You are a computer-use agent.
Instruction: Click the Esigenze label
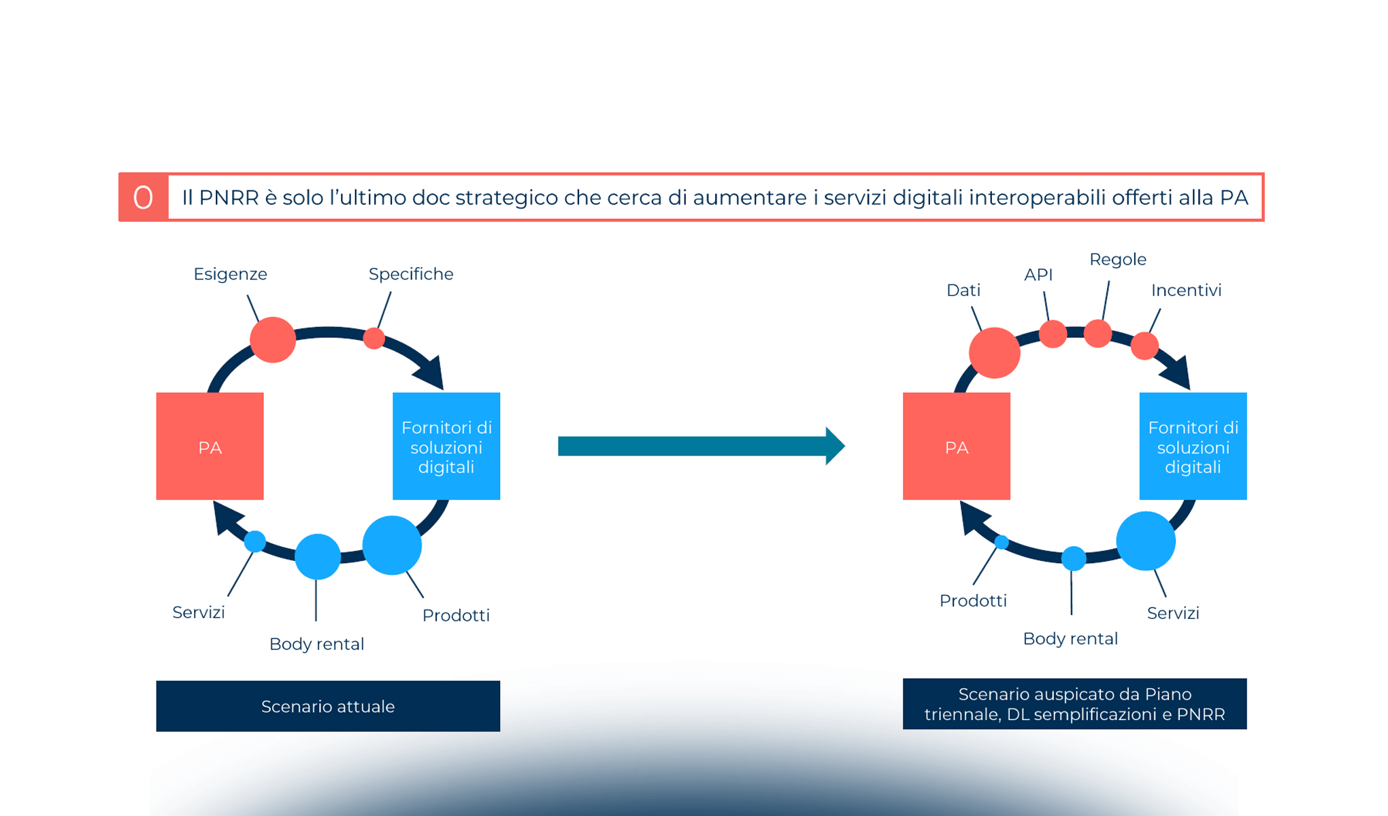[x=230, y=274]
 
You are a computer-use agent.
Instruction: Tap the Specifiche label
[x=411, y=274]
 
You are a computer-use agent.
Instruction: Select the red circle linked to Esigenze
[x=273, y=339]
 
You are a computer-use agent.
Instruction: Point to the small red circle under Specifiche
[x=374, y=338]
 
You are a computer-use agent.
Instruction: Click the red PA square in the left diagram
[x=210, y=446]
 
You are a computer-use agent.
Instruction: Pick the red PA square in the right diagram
[x=956, y=446]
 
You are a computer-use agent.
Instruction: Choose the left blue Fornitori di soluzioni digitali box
[x=446, y=446]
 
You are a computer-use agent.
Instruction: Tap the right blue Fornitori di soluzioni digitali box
[x=1193, y=446]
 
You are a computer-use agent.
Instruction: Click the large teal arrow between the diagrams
[x=701, y=446]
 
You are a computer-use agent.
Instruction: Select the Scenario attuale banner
[x=328, y=706]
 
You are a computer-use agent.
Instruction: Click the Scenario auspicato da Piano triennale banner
[x=1074, y=704]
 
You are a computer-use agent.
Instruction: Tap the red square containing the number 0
[x=143, y=197]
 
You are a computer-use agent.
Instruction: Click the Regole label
[x=1118, y=260]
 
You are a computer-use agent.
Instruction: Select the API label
[x=1038, y=275]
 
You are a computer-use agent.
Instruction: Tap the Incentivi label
[x=1186, y=290]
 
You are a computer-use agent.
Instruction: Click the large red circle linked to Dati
[x=994, y=352]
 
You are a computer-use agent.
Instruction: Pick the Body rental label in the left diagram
[x=316, y=644]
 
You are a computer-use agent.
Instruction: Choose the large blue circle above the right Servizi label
[x=1146, y=541]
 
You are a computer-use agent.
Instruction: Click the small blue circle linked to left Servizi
[x=255, y=541]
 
